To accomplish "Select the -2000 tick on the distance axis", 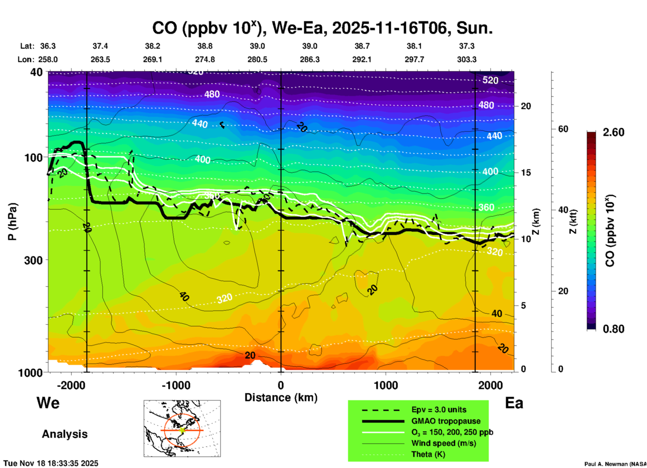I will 71,385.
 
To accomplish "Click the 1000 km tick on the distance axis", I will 386,385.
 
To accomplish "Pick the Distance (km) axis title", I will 281,398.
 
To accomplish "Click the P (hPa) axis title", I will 12,222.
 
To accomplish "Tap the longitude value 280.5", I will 257,60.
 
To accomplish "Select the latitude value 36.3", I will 48,46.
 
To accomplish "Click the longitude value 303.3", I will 467,60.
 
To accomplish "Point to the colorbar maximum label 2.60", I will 613,133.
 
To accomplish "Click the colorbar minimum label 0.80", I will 613,329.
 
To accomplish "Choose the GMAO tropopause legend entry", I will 446,421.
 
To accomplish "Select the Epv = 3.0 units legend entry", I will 439,410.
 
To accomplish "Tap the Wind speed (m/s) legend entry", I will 443,443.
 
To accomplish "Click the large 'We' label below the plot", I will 48,403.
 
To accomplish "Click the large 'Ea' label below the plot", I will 514,403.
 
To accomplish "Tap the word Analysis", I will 64,434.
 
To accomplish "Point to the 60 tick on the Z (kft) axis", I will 563,129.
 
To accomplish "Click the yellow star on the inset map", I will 182,430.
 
